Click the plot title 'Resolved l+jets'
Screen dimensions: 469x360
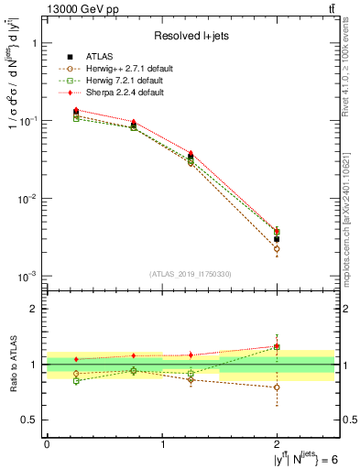pyautogui.click(x=191, y=37)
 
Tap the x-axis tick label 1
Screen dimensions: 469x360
pyautogui.click(x=162, y=443)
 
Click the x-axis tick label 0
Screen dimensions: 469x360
pyautogui.click(x=47, y=443)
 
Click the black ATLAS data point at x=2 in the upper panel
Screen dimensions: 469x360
pyautogui.click(x=277, y=239)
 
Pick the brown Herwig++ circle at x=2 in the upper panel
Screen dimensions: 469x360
pyautogui.click(x=277, y=249)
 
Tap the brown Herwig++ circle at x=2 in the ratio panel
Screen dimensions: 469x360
pyautogui.click(x=277, y=387)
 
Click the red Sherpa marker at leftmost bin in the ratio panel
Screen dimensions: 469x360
pyautogui.click(x=76, y=359)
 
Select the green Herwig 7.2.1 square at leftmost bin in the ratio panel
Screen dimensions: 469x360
pyautogui.click(x=76, y=380)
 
